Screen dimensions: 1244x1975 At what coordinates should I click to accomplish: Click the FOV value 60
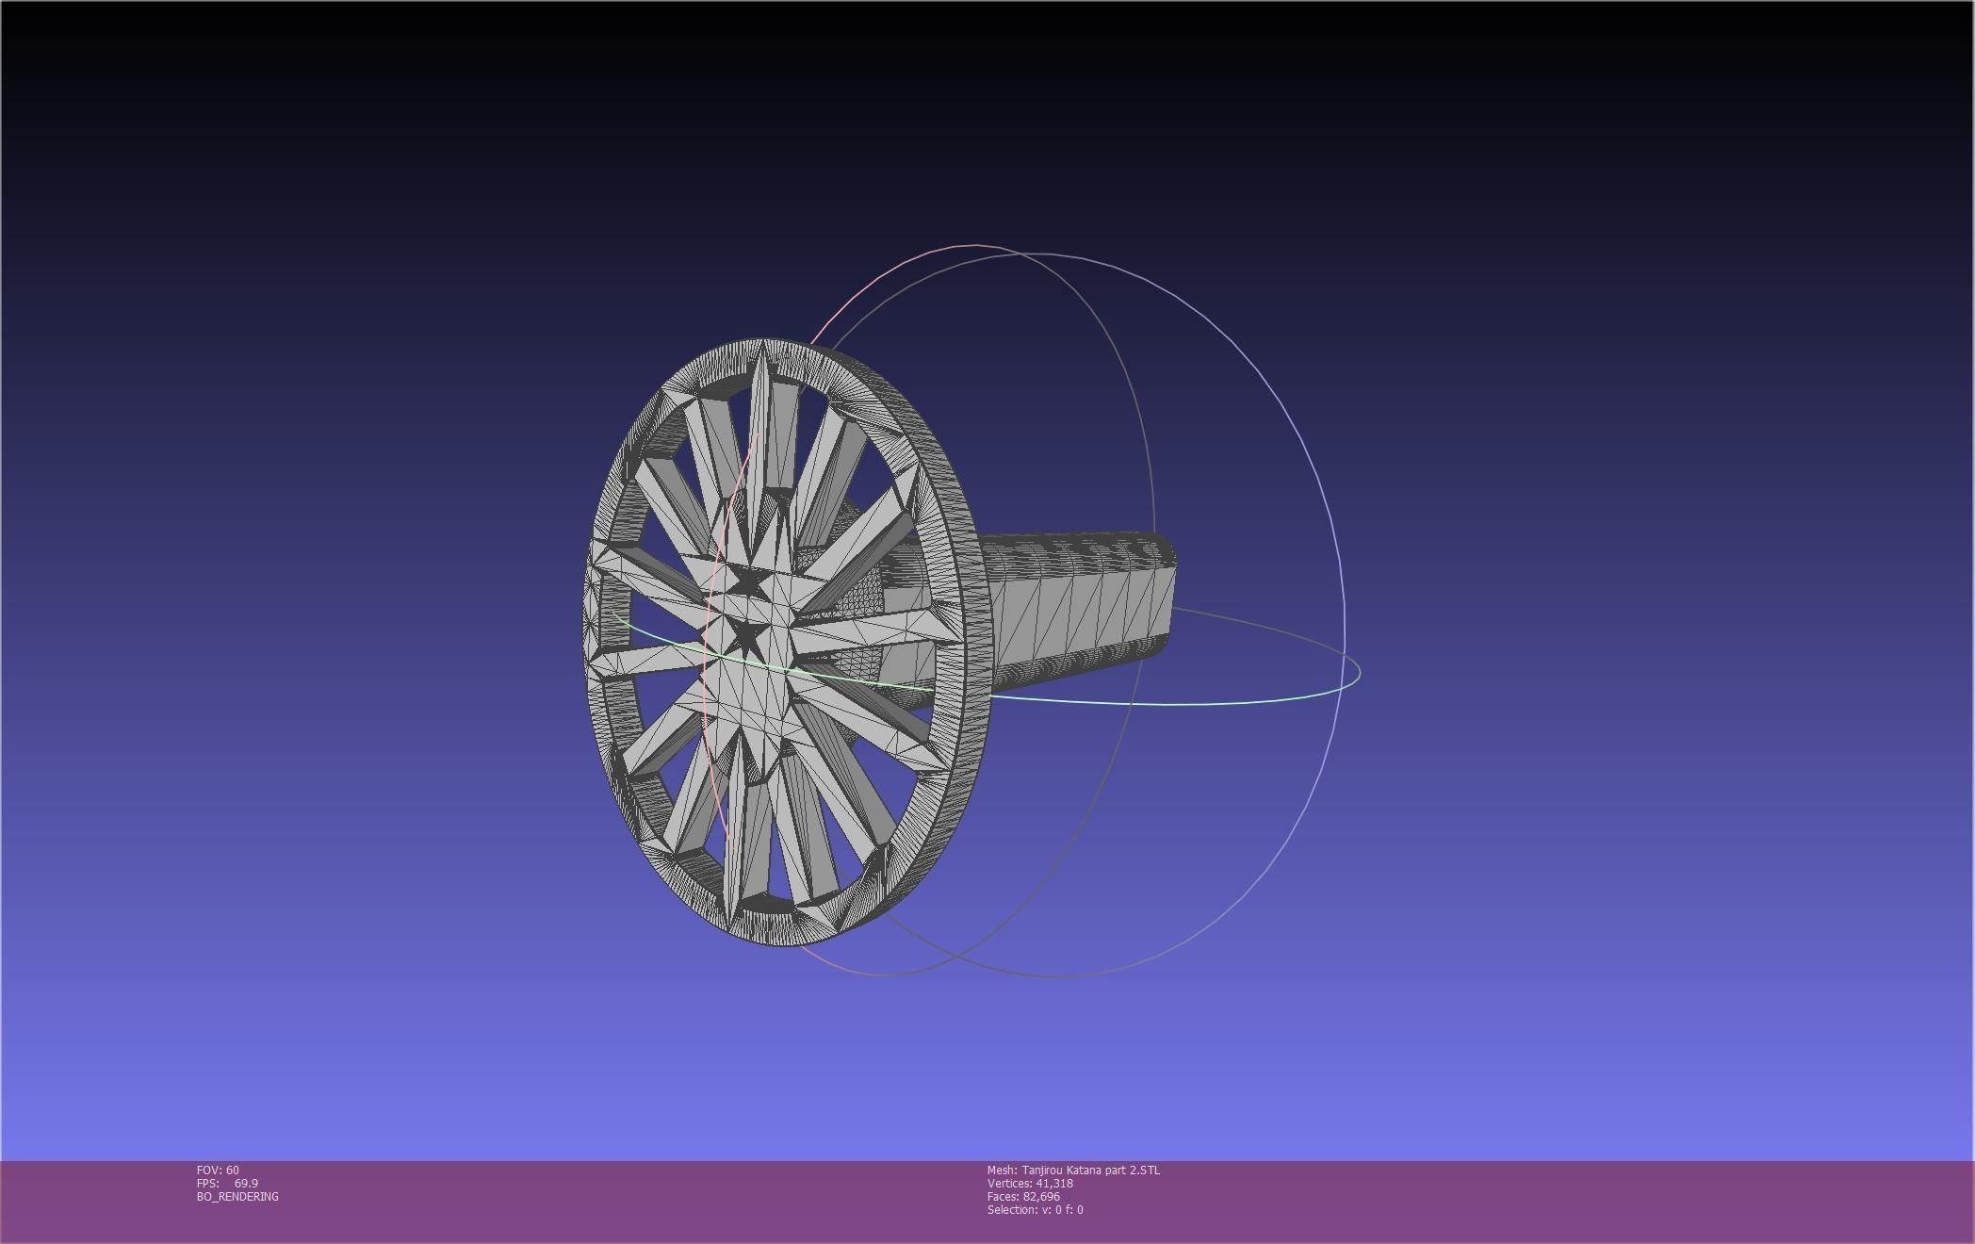click(232, 1170)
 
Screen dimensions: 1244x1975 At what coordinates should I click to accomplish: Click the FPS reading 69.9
click(246, 1183)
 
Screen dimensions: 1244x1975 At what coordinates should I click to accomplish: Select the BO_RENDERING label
click(237, 1196)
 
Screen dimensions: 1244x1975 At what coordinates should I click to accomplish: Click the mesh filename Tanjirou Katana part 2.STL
click(1090, 1170)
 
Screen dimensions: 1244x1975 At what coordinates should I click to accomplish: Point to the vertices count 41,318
click(1054, 1183)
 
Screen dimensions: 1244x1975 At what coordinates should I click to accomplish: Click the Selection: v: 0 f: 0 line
click(1035, 1209)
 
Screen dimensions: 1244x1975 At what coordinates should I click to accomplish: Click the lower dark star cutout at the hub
click(744, 636)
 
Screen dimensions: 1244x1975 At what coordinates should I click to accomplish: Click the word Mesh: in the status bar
click(1001, 1170)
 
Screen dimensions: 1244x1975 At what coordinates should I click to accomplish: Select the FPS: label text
click(207, 1183)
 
